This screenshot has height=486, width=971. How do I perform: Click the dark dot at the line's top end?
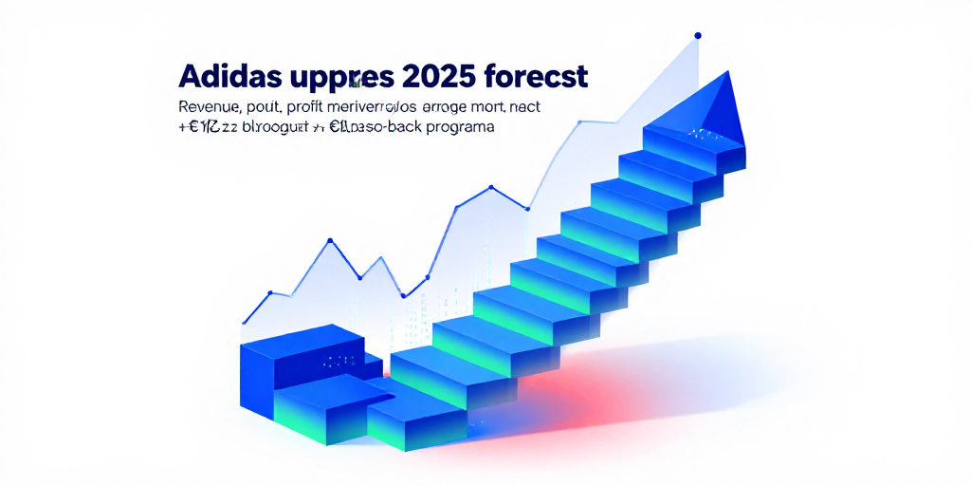coord(698,36)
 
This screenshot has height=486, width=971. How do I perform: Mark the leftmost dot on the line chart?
coord(245,321)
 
